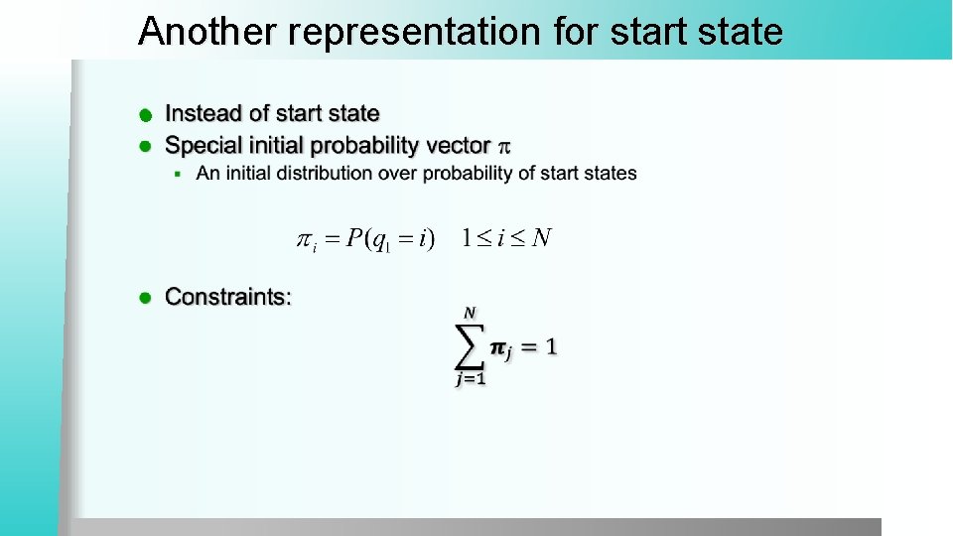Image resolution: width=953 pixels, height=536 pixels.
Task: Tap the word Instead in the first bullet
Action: coord(202,114)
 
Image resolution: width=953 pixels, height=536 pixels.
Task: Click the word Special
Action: coord(202,146)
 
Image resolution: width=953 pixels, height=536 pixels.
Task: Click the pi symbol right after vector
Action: coord(503,147)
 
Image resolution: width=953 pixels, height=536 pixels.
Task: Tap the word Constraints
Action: coord(227,297)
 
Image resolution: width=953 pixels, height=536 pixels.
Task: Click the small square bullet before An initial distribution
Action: coord(178,174)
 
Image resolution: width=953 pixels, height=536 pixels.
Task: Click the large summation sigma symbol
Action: coord(470,346)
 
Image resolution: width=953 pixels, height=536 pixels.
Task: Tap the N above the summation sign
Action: coord(469,312)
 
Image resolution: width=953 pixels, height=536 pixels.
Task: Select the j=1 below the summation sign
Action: coord(470,379)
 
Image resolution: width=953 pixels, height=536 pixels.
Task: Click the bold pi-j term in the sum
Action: coord(501,348)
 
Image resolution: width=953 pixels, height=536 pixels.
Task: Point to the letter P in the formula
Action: coord(354,239)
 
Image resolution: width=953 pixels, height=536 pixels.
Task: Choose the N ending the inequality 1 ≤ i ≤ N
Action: coord(541,238)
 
